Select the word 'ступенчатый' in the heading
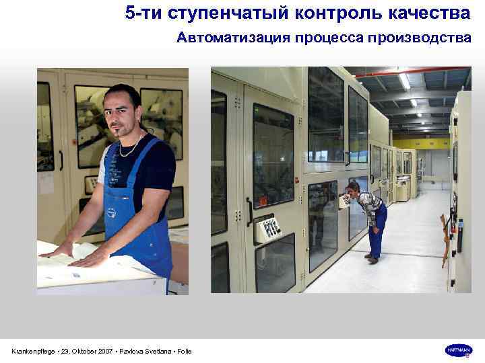209,13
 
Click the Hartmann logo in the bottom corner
459,350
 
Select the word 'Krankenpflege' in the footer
33,352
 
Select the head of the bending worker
352,188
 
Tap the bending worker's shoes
371,258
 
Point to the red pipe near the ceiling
412,71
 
